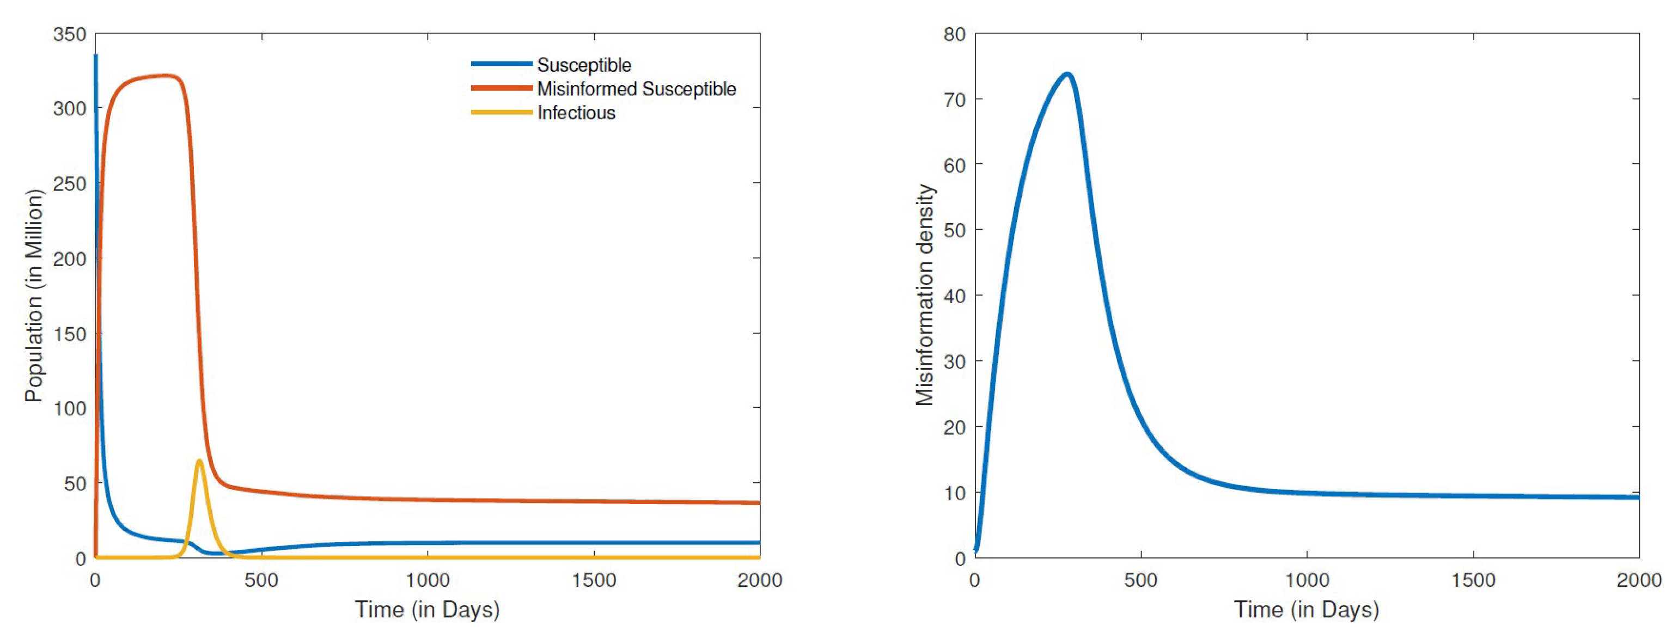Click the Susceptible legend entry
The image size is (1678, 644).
point(584,65)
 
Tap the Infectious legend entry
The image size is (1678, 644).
point(576,113)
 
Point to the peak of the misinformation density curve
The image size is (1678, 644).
point(1067,74)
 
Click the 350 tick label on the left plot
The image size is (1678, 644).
point(70,34)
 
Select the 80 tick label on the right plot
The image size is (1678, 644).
point(954,34)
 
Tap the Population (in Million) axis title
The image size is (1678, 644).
point(34,296)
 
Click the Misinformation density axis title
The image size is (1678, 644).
point(924,295)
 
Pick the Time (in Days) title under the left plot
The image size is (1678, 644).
point(428,610)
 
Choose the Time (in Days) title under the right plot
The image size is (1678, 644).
point(1307,610)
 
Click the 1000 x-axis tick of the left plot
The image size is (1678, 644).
point(428,580)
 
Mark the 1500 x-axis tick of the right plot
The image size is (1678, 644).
point(1473,580)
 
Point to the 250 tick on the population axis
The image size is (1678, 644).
point(70,183)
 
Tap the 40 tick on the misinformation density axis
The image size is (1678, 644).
point(954,296)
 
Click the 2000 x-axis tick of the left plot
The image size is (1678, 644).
point(760,580)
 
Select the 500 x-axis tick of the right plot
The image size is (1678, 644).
point(1140,580)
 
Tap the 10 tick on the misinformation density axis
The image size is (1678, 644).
point(954,493)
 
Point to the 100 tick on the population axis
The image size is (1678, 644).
point(70,409)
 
